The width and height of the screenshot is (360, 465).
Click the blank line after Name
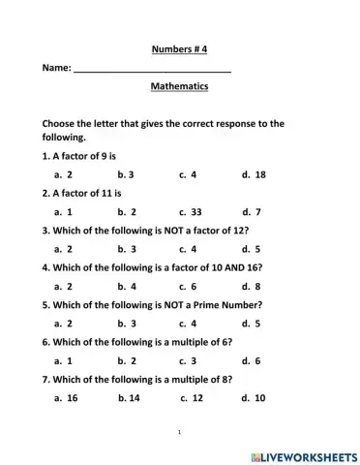(x=152, y=69)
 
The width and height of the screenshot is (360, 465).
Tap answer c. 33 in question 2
(x=191, y=210)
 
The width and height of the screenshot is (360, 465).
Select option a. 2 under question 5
(x=64, y=323)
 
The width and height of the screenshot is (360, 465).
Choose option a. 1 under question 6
(x=64, y=359)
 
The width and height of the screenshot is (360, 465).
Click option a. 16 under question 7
(x=67, y=397)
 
